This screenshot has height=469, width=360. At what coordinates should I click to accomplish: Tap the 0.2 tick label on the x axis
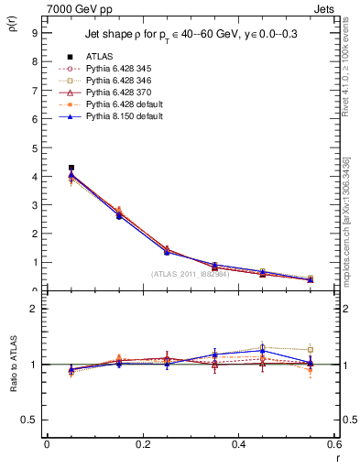click(x=142, y=444)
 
